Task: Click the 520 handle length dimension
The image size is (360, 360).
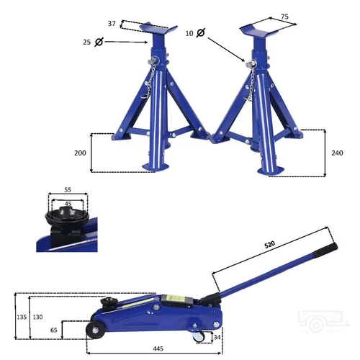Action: pos(269,245)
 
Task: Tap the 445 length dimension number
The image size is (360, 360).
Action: pos(158,348)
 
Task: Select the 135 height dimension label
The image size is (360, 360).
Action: pos(22,317)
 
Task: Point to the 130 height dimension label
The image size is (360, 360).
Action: pos(37,317)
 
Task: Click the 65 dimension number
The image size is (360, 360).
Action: pos(54,330)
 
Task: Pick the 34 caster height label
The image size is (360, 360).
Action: pos(217,337)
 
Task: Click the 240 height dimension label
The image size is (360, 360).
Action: pos(337,153)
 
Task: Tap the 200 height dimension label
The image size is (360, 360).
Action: pos(80,153)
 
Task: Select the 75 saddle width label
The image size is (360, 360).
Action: pos(284,17)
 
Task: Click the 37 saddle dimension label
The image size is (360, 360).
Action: pos(112,24)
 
